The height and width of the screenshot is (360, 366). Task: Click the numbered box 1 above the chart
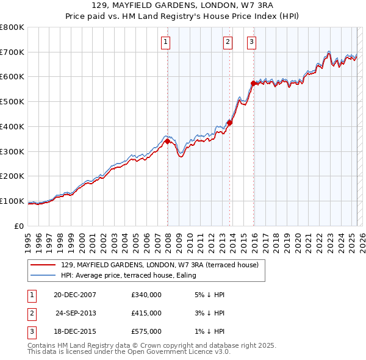(x=166, y=42)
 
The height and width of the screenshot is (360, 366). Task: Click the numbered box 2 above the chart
(x=228, y=42)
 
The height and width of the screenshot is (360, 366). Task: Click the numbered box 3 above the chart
(x=251, y=42)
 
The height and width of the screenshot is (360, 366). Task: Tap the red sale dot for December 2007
(x=167, y=141)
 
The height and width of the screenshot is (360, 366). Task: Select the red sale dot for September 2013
(x=230, y=122)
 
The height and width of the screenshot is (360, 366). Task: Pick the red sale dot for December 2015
(x=253, y=82)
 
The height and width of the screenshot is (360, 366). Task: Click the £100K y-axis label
(x=12, y=201)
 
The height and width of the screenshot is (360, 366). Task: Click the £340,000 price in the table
(x=146, y=295)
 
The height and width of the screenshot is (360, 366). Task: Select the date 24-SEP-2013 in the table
(x=76, y=313)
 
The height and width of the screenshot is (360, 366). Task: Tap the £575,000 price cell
(x=146, y=331)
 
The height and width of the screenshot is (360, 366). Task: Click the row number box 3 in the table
(x=30, y=331)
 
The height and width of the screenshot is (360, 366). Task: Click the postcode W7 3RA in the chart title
(x=225, y=5)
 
